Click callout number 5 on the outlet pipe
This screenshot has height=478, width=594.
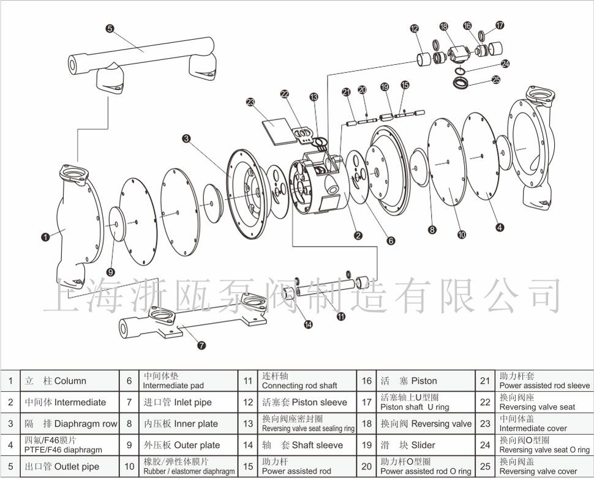click(110, 28)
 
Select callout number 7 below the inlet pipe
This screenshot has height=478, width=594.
click(201, 345)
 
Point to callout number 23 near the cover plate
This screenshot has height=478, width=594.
click(250, 102)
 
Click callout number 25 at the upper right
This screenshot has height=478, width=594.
click(496, 80)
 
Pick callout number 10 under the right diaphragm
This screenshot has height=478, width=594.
click(462, 234)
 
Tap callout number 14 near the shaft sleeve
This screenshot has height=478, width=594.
click(308, 324)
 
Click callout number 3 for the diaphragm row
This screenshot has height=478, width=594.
click(186, 139)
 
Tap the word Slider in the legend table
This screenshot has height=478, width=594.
click(423, 445)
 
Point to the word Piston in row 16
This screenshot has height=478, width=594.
click(424, 381)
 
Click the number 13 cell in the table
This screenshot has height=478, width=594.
click(248, 424)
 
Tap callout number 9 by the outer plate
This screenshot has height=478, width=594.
click(110, 272)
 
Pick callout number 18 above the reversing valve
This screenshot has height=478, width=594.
click(444, 26)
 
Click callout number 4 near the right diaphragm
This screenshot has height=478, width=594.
click(500, 228)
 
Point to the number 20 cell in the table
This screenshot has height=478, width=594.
click(367, 466)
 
